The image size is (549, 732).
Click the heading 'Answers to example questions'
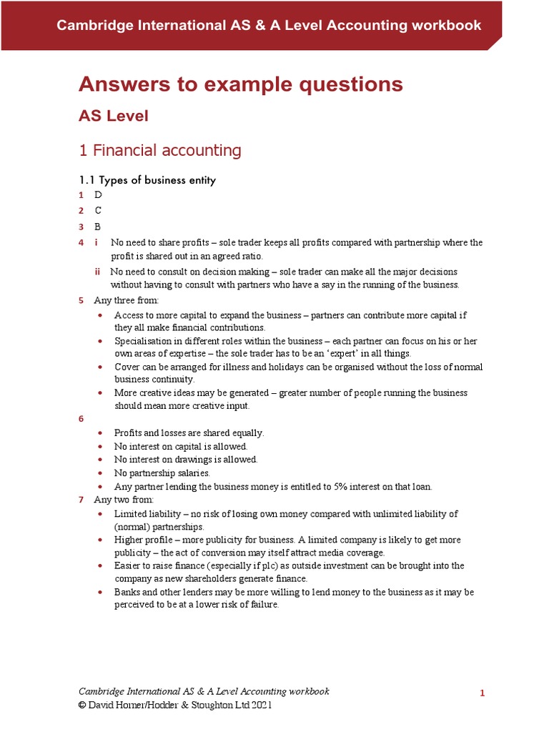click(240, 84)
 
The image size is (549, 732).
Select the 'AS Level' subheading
click(113, 116)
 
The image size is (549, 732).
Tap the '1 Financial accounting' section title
click(159, 150)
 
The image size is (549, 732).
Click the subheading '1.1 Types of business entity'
click(147, 180)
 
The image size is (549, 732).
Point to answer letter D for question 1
click(98, 195)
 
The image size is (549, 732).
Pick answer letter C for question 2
click(98, 211)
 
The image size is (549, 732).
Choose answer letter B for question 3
click(98, 227)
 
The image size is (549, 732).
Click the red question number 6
click(81, 419)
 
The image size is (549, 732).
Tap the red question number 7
click(81, 500)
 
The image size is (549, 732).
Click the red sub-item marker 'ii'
click(97, 272)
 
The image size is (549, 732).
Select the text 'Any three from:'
click(127, 300)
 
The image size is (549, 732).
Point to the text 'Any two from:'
click(124, 500)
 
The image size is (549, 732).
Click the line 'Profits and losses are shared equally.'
click(189, 433)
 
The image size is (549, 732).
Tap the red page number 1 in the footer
click(483, 693)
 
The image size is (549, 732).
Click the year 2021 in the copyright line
click(258, 705)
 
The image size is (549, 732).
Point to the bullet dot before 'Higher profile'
click(100, 540)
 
